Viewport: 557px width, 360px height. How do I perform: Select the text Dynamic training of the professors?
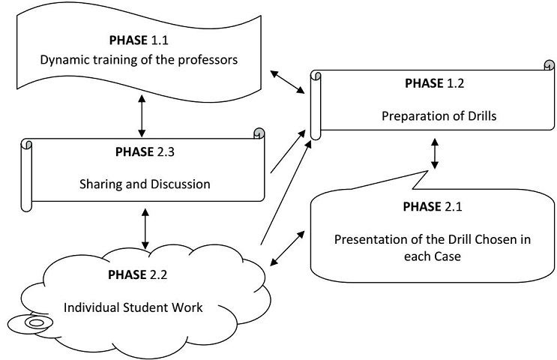click(141, 60)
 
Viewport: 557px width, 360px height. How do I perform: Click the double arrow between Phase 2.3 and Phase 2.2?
click(145, 229)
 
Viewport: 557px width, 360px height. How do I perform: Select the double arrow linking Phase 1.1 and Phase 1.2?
click(288, 82)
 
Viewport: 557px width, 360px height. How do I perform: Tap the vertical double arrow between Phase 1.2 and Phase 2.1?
click(435, 153)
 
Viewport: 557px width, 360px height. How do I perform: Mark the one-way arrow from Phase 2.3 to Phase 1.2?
click(289, 153)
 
